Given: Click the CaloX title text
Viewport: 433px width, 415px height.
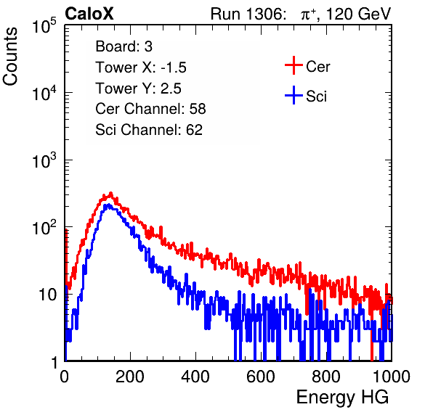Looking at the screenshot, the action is click(89, 14).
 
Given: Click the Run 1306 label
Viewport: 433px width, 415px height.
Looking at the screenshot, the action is click(247, 14).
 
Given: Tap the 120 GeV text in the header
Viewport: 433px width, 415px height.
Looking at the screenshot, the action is click(358, 14).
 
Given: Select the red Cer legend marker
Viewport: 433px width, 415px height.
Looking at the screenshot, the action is click(294, 65).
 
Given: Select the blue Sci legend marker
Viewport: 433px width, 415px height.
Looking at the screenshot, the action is click(294, 96).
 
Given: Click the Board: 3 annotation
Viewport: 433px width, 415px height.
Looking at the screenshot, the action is click(124, 46).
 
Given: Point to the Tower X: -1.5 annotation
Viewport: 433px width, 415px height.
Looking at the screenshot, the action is click(141, 67).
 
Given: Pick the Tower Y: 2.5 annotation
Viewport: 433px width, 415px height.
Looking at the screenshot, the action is click(138, 89).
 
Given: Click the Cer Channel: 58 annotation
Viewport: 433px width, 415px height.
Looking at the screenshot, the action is click(150, 109).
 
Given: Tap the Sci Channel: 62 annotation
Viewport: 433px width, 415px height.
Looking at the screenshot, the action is click(149, 130).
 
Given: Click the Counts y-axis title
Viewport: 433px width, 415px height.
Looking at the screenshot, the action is click(10, 57).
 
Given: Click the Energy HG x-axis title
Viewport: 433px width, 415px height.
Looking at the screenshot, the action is click(342, 397).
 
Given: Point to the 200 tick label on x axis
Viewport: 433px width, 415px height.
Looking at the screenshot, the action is click(130, 377).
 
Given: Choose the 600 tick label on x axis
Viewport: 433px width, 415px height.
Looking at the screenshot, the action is click(261, 377).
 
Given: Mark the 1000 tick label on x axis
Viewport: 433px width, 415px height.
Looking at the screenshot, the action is click(392, 377).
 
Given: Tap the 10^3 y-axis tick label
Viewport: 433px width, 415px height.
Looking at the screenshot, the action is click(44, 160).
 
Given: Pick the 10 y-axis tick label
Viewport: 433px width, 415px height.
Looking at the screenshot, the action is click(47, 295).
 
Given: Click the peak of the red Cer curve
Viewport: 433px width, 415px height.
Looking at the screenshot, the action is click(110, 193).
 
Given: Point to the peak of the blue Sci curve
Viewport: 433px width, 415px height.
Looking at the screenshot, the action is click(108, 205).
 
